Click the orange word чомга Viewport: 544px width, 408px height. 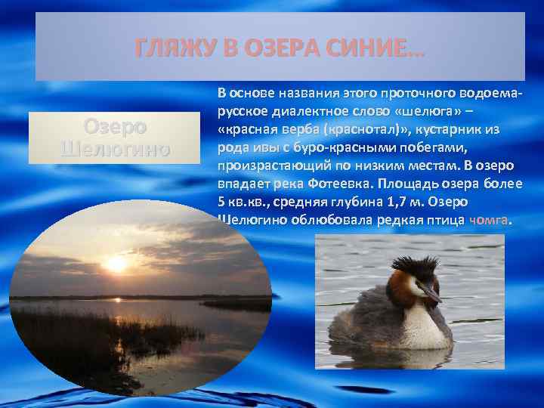click(490, 221)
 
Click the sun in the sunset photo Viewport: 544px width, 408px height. click(118, 264)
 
